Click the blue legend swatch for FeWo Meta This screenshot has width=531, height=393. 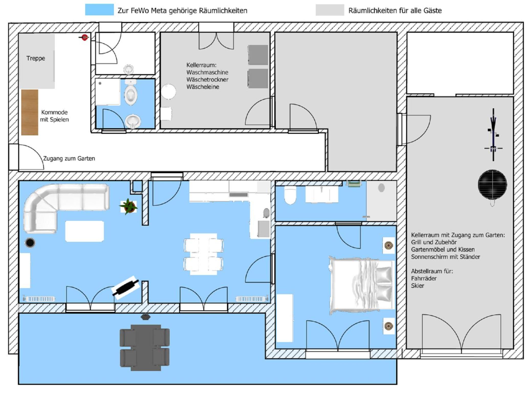click(99, 10)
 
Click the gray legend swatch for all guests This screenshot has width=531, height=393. click(330, 10)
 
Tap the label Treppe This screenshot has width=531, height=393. click(36, 58)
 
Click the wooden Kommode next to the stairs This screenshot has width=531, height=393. click(30, 112)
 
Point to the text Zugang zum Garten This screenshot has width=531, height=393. click(69, 158)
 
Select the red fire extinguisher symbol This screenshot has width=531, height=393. click(84, 38)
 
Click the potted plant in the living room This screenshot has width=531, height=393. click(128, 206)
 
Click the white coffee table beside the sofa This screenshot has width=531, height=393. click(84, 231)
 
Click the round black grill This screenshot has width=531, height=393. click(492, 185)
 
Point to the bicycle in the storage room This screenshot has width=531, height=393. click(493, 135)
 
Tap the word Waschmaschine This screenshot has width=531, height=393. click(207, 72)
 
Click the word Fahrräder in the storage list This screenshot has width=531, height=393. click(424, 278)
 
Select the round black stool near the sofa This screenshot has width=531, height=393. click(30, 243)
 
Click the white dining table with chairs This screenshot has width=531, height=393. click(204, 254)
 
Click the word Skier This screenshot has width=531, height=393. click(417, 286)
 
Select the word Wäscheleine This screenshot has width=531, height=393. click(203, 87)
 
